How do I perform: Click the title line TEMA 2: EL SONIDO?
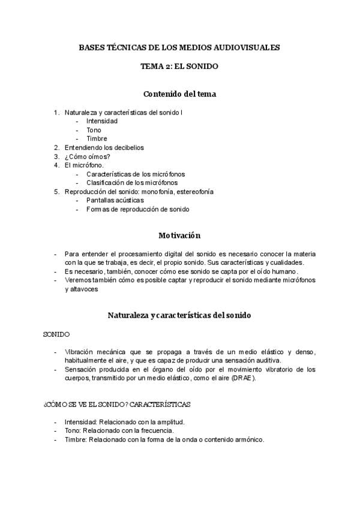(x=179, y=67)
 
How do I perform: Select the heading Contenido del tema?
(x=179, y=94)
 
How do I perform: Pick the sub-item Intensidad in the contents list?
(x=101, y=121)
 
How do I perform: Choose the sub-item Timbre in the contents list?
(x=97, y=139)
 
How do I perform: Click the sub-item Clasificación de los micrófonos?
(x=131, y=182)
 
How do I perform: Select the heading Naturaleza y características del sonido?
(x=179, y=315)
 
